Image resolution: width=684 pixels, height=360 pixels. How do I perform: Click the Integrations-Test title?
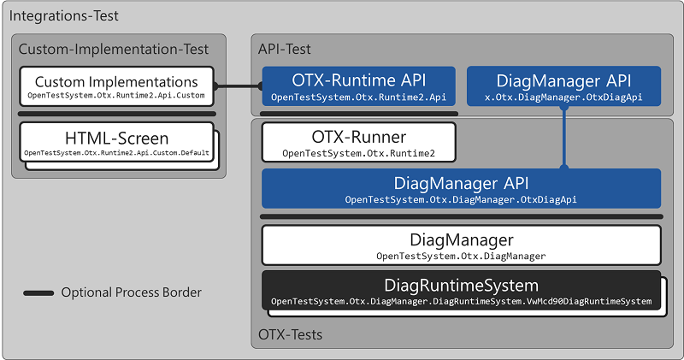[64, 16]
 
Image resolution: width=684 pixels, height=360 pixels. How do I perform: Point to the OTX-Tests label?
[291, 334]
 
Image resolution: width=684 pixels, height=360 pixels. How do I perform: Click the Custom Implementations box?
[115, 86]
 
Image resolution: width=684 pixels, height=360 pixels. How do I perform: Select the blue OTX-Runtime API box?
[358, 86]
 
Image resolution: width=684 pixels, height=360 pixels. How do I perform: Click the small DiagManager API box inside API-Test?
[563, 86]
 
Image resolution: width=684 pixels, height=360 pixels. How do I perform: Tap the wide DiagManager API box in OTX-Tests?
[461, 189]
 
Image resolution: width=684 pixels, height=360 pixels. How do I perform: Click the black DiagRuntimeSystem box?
[461, 291]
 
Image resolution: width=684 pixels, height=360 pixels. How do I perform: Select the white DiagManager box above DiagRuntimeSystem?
[461, 245]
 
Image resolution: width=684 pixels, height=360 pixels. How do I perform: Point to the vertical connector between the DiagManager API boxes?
[563, 137]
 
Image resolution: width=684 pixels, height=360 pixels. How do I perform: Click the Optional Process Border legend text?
[131, 292]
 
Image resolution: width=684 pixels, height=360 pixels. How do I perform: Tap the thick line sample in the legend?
[38, 293]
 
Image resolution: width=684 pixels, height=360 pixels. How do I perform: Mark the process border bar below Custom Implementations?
[117, 113]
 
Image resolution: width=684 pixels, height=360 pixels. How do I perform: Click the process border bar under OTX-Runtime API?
[358, 113]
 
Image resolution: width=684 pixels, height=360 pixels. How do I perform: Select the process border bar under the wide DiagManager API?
[461, 216]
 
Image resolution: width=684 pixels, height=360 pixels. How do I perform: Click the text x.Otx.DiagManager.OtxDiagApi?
[563, 98]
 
